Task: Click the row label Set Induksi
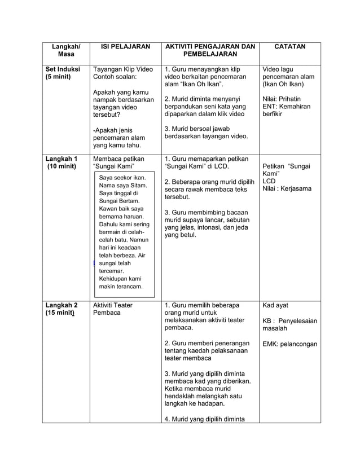tap(63, 69)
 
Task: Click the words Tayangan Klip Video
tap(122, 69)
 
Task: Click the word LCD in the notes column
tap(269, 181)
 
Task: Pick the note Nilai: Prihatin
tap(282, 99)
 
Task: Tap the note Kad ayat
tap(275, 305)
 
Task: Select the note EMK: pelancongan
tap(289, 344)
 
